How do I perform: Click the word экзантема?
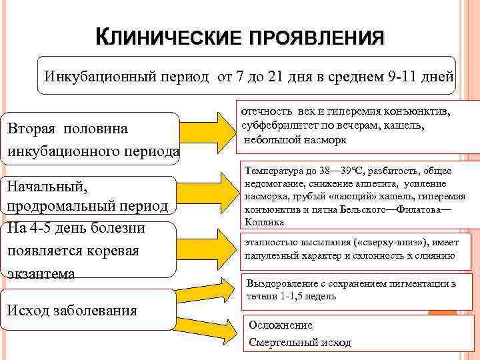pyautogui.click(x=39, y=273)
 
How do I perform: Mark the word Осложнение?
pyautogui.click(x=280, y=325)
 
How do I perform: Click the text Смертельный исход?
pyautogui.click(x=299, y=342)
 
